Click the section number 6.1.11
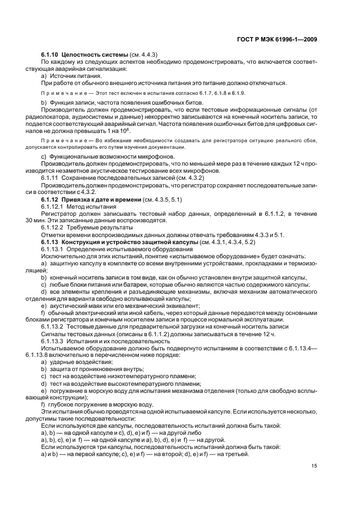(x=50, y=179)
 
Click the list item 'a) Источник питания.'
(x=69, y=76)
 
